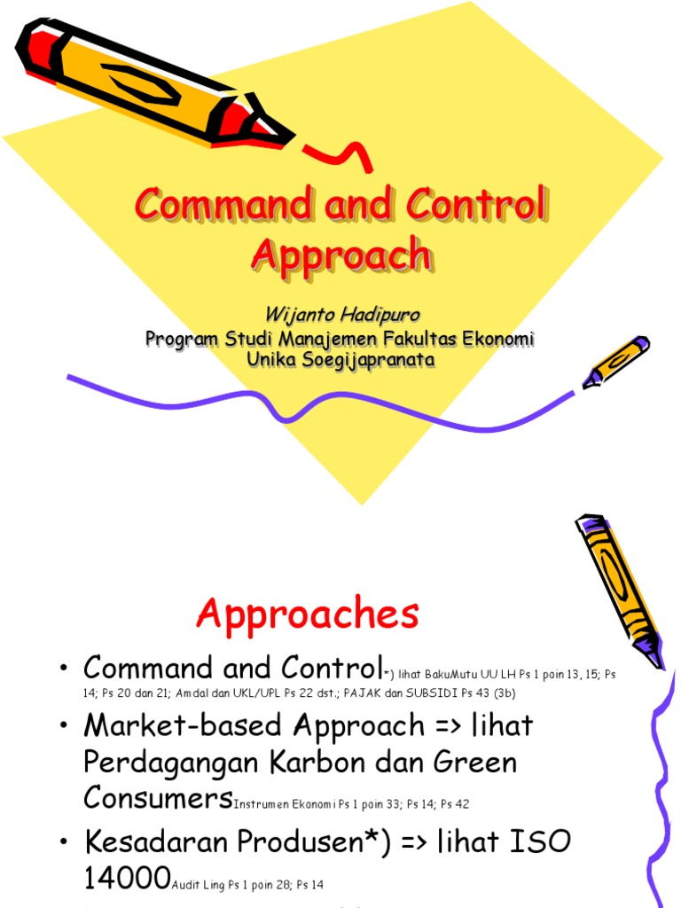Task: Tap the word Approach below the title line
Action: (341, 254)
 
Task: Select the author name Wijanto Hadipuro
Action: (340, 317)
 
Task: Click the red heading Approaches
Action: (308, 613)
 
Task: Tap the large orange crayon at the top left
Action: (151, 84)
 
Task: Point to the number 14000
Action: (126, 878)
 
